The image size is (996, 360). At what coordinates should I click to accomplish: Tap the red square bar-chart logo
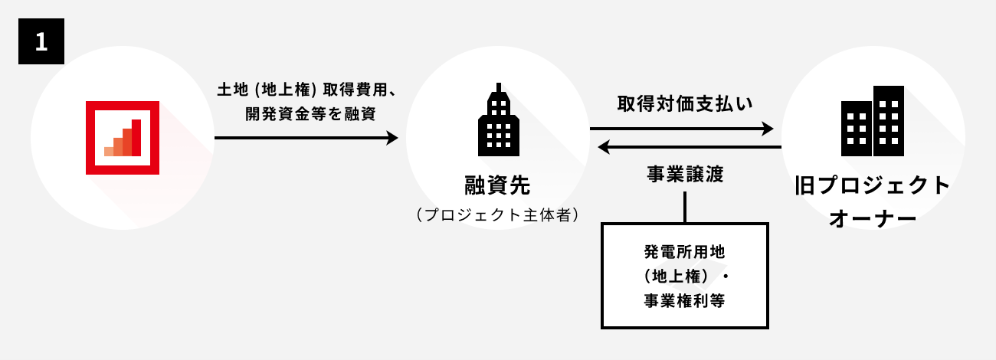click(x=123, y=138)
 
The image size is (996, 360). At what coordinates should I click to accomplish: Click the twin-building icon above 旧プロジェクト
click(x=873, y=120)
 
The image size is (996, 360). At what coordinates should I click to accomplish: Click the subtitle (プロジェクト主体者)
click(x=497, y=215)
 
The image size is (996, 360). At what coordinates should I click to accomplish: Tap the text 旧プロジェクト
click(x=873, y=186)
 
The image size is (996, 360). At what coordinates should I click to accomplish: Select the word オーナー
click(x=873, y=218)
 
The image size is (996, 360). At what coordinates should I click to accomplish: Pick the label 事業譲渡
click(x=685, y=174)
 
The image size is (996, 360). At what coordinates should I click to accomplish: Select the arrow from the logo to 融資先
click(x=306, y=138)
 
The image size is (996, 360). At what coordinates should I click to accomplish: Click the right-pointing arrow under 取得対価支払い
click(x=682, y=129)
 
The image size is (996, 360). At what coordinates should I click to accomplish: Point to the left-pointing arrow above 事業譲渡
click(x=689, y=147)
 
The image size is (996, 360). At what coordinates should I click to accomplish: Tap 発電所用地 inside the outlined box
click(x=684, y=250)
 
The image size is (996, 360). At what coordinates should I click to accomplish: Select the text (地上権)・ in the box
click(x=684, y=276)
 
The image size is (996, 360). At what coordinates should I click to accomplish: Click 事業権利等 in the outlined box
click(x=684, y=301)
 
